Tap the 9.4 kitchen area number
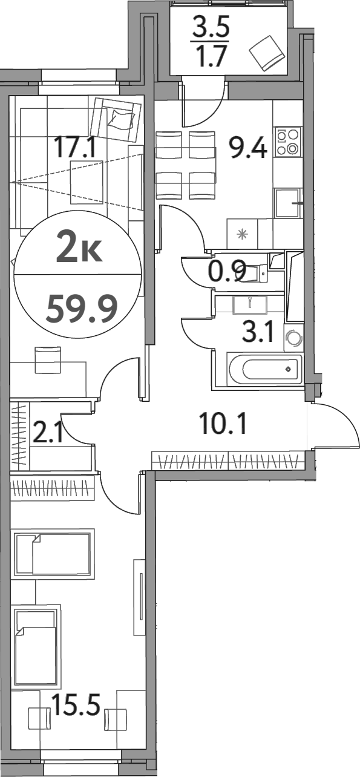tap(247, 147)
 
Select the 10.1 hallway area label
tap(223, 424)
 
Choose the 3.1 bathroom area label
tap(258, 332)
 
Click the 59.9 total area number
tap(82, 307)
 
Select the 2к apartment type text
tap(79, 247)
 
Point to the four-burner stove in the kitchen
tap(287, 142)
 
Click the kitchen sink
tap(287, 203)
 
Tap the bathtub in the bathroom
tap(264, 369)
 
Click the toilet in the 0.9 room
tap(257, 272)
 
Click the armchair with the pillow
tap(116, 119)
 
